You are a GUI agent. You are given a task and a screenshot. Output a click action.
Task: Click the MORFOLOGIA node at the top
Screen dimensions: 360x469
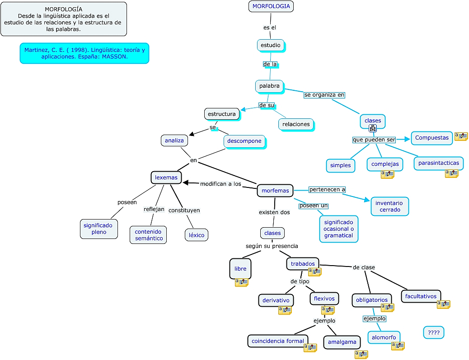[x=271, y=6]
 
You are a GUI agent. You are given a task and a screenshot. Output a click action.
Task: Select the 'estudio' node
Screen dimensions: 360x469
[x=271, y=45]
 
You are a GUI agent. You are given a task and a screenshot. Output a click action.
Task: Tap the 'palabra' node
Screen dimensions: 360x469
[x=269, y=86]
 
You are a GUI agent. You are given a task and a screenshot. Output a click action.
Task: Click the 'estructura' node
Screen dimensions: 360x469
[x=221, y=114]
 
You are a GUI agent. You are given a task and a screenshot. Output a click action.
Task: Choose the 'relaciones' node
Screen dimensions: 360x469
[x=296, y=124]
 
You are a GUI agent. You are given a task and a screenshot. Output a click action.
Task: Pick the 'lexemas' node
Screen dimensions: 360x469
[x=166, y=178]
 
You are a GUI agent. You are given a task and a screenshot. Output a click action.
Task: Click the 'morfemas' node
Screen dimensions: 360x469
[x=275, y=191]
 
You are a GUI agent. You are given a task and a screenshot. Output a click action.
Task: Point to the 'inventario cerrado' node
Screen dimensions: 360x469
[x=389, y=206]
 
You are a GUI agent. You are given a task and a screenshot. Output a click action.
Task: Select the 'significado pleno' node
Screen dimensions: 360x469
[x=99, y=229]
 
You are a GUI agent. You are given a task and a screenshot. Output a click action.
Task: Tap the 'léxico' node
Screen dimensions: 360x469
[x=197, y=235]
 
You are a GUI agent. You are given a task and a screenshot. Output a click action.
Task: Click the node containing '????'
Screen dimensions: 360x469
[x=434, y=333]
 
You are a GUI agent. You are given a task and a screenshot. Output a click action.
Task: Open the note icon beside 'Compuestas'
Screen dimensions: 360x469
[x=461, y=136]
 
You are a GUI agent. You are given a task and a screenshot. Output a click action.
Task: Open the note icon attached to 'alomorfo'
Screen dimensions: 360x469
[x=398, y=346]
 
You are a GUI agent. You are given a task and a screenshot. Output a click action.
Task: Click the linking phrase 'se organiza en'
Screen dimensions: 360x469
[x=324, y=95]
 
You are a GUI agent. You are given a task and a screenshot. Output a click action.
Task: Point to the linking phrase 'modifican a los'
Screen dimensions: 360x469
[x=220, y=184]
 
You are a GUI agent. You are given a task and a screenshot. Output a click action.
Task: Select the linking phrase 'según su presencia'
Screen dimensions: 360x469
[x=272, y=246]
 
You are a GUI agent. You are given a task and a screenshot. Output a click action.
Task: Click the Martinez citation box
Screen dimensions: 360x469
[x=84, y=53]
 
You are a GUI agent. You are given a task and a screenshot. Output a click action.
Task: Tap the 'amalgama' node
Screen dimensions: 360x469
[x=342, y=342]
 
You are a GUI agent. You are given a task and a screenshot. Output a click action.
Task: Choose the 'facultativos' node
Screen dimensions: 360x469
[x=421, y=296]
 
